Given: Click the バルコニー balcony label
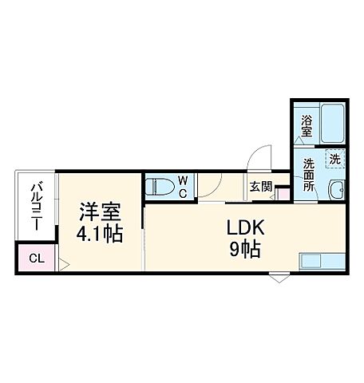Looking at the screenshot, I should coord(36,206).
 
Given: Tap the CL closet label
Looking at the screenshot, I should coord(35,259).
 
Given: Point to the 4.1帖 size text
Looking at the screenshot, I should coord(99,235).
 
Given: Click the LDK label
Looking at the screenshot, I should coord(242,228).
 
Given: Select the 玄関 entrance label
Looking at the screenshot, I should coord(260,186).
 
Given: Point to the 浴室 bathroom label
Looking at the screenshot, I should coord(307,127).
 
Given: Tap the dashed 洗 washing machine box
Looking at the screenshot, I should coord(335,159).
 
